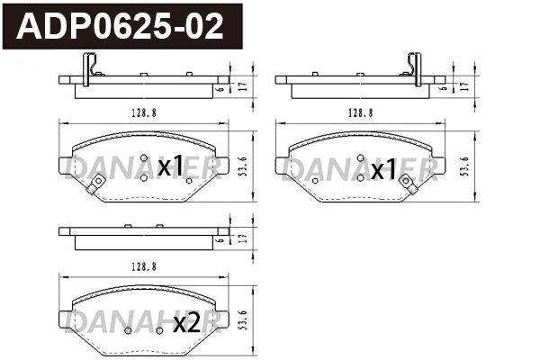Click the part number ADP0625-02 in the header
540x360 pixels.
[120, 27]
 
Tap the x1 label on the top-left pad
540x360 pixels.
[170, 167]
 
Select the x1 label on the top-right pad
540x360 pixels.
[384, 168]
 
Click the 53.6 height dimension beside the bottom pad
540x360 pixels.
[244, 319]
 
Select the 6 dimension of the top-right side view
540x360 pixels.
[444, 89]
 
